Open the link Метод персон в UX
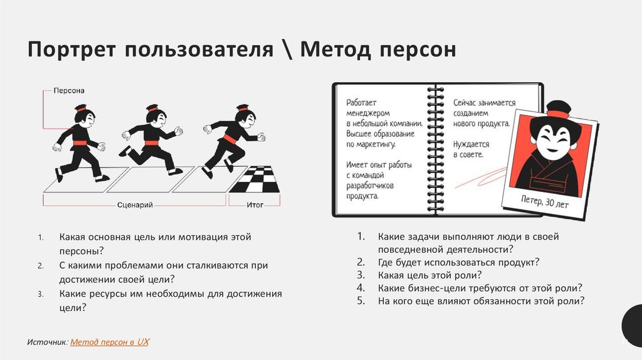(110, 342)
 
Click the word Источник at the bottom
(46, 342)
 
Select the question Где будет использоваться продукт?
(459, 262)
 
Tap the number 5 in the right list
(360, 300)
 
